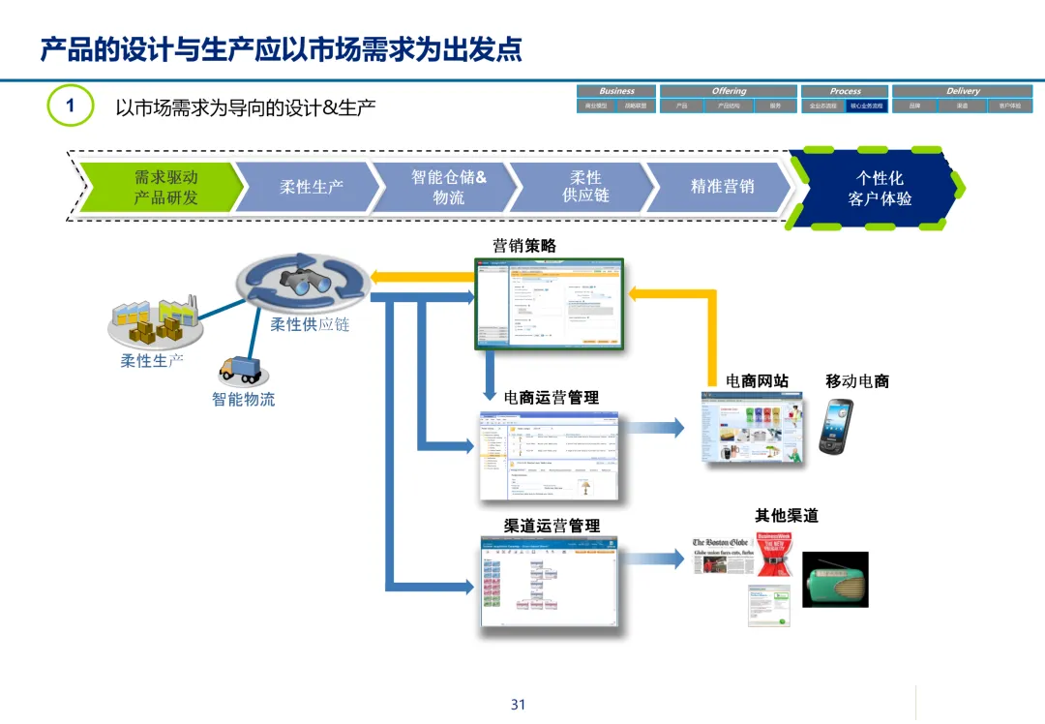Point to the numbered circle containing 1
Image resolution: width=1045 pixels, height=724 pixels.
coord(70,106)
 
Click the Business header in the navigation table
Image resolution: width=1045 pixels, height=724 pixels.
coord(616,91)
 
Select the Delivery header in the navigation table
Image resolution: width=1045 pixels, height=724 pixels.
coord(962,91)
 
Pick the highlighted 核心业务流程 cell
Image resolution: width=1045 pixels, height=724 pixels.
coord(867,106)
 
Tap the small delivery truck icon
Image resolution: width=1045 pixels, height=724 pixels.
coord(240,369)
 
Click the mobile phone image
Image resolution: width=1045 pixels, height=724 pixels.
coord(834,426)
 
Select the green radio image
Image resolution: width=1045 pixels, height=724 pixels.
coord(835,580)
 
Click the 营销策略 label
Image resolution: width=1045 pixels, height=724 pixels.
coord(524,246)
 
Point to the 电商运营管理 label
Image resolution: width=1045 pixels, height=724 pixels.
coord(551,397)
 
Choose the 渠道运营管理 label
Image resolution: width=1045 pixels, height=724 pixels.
coord(552,526)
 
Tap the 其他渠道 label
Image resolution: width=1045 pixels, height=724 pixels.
coord(786,516)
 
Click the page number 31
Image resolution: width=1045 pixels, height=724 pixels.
coord(518,705)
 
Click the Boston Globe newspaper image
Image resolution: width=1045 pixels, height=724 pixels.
coord(721,558)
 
